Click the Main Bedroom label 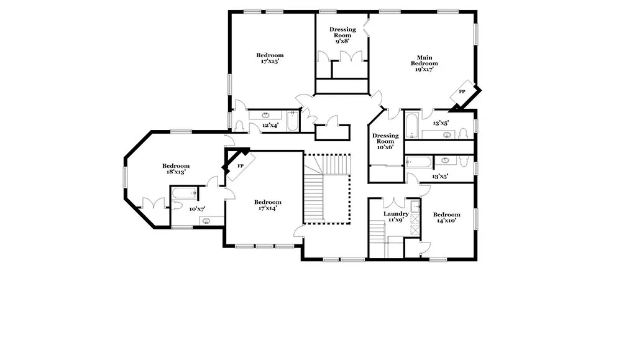424,60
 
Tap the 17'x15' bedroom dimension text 270,62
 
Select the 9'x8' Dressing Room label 342,35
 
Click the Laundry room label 396,214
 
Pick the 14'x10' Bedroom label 447,218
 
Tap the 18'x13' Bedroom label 176,169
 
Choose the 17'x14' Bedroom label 268,205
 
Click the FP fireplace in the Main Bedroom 462,92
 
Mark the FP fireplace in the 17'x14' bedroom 241,166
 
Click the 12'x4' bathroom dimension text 270,126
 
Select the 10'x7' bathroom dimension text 197,209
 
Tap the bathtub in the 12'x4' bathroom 292,121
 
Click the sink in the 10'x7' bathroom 206,221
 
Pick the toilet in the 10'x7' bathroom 177,205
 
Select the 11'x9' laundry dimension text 396,220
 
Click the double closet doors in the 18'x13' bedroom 154,203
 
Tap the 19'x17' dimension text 424,69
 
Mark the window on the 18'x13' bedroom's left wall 126,178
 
